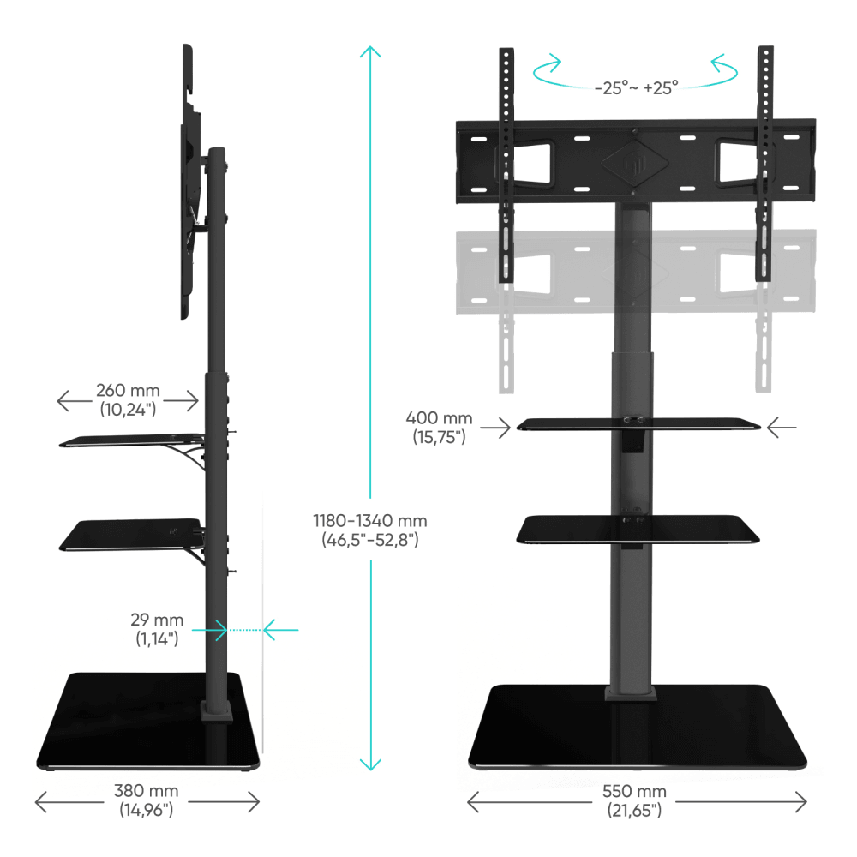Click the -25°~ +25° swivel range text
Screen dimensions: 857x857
click(636, 87)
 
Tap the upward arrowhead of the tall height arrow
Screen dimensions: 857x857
click(369, 53)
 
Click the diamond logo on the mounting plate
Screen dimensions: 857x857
click(634, 160)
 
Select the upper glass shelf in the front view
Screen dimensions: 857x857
click(638, 423)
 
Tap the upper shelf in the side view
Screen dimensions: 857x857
click(129, 440)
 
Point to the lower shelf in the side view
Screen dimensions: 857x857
click(129, 535)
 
